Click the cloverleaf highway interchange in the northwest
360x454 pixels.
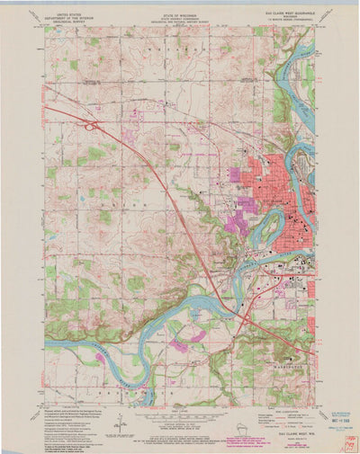(92, 127)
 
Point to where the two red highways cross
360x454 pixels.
(243, 315)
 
